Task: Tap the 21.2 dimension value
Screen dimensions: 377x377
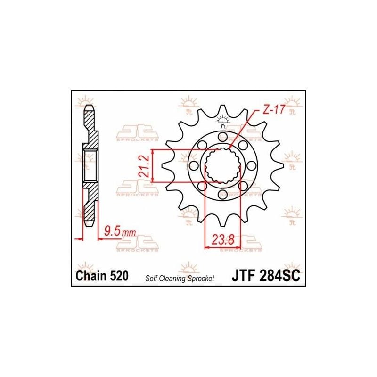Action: tap(145, 166)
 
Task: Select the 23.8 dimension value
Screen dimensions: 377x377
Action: tap(222, 239)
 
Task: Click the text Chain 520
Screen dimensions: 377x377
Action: tap(102, 276)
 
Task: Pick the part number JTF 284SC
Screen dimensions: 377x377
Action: tap(266, 276)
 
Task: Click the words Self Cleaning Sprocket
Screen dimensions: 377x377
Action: tap(180, 279)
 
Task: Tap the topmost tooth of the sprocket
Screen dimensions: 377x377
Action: tap(222, 111)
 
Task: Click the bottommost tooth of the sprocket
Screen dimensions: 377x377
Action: tap(222, 220)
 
